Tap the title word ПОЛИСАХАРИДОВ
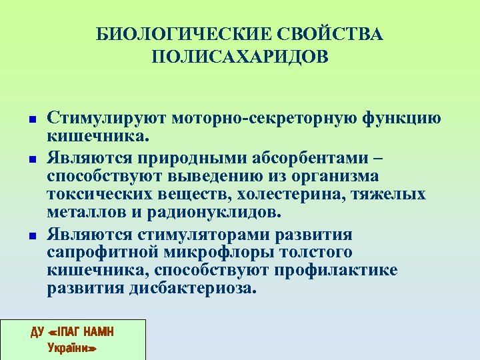click(x=240, y=57)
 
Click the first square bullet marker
click(x=32, y=119)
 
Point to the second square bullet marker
click(x=32, y=161)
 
